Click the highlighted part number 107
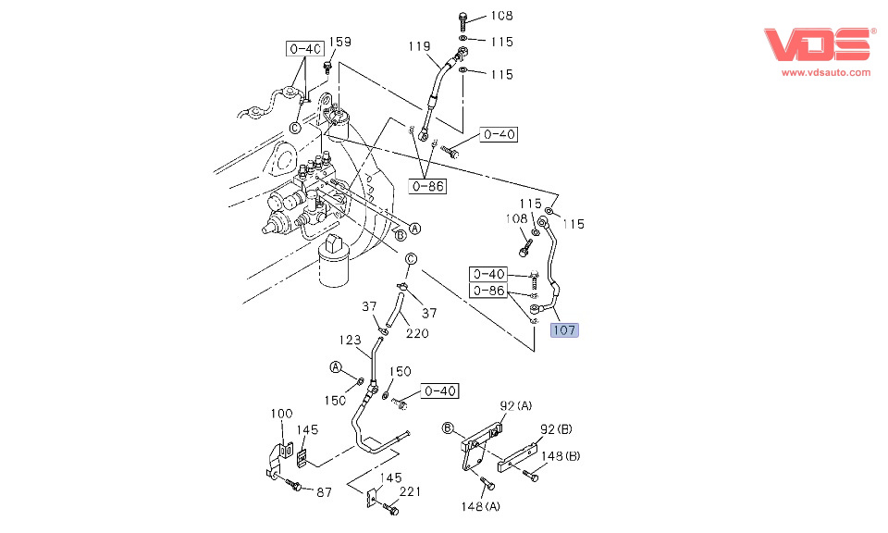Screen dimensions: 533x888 564,329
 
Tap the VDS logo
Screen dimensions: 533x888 818,45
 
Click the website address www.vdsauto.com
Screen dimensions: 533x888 826,72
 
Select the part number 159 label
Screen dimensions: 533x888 340,42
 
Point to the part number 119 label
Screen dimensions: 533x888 421,45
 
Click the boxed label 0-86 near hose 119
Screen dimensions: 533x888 427,186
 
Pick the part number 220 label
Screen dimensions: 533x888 417,334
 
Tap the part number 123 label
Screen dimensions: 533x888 349,341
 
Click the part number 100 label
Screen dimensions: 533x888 281,413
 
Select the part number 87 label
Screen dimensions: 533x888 324,492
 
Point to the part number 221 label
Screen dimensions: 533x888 410,491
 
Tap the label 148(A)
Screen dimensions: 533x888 481,506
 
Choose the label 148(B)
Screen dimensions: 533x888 561,455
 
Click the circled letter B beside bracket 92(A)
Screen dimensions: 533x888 447,428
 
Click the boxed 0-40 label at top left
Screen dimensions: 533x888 303,48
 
